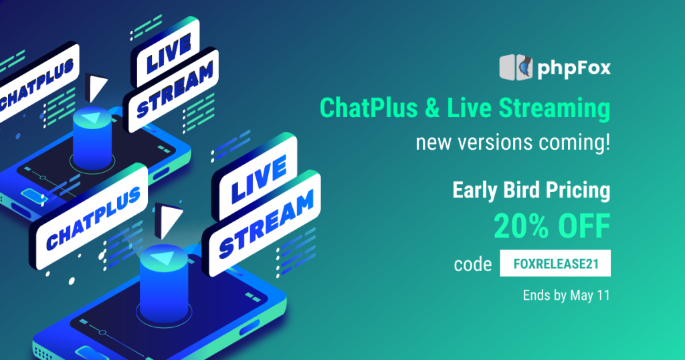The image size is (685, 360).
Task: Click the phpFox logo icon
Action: pyautogui.click(x=516, y=68)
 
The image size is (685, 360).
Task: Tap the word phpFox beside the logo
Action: pyautogui.click(x=574, y=69)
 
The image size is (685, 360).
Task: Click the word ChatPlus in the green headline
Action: pyautogui.click(x=369, y=108)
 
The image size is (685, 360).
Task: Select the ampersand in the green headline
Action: pyautogui.click(x=432, y=108)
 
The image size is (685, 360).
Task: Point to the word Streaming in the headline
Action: pyautogui.click(x=555, y=109)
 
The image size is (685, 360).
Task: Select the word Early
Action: pyautogui.click(x=475, y=191)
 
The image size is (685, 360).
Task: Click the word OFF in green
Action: pyautogui.click(x=583, y=226)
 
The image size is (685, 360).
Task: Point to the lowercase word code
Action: pyautogui.click(x=473, y=264)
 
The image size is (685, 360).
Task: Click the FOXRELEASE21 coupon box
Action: pyautogui.click(x=555, y=263)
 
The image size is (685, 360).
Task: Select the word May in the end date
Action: pyautogui.click(x=581, y=296)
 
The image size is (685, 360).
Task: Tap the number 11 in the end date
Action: pyautogui.click(x=603, y=295)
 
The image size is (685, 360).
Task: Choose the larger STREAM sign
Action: pyautogui.click(x=262, y=223)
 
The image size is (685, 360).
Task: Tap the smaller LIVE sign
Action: pyautogui.click(x=165, y=52)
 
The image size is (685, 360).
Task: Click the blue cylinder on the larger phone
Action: pyautogui.click(x=164, y=284)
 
